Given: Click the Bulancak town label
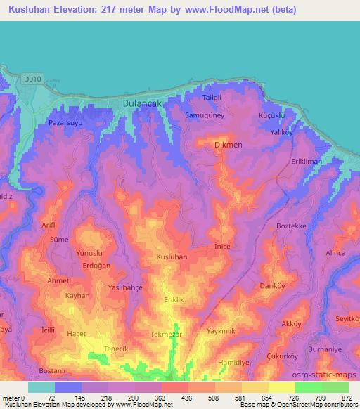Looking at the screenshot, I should [141, 103].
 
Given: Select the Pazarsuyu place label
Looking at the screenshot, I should [66, 122].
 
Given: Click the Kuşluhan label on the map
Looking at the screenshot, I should [172, 257].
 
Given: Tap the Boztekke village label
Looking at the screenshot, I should [292, 226].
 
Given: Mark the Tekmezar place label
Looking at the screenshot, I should [167, 335].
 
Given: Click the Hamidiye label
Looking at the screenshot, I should [233, 361].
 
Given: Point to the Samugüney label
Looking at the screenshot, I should [205, 115].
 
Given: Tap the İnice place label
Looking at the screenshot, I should [221, 247].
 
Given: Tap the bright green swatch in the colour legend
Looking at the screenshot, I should [308, 387].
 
